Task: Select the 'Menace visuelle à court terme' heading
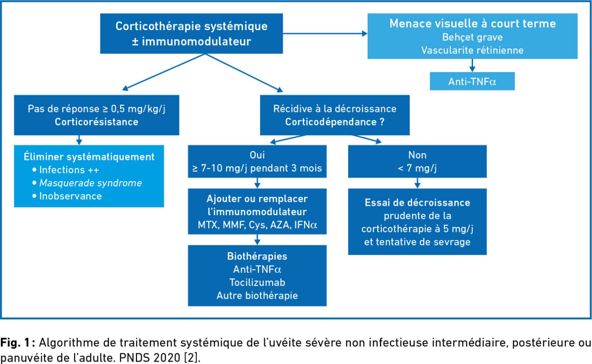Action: click(x=473, y=23)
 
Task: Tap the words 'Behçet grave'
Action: click(x=472, y=37)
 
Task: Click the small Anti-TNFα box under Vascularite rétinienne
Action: click(x=472, y=81)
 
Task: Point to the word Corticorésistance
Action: click(x=96, y=122)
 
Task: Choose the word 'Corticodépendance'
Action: click(x=331, y=122)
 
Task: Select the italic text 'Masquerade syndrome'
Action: click(x=91, y=183)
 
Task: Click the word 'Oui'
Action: click(x=257, y=155)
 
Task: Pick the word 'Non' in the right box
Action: click(x=417, y=155)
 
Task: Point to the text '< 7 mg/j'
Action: click(x=417, y=168)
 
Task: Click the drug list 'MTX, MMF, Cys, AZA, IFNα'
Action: click(x=257, y=225)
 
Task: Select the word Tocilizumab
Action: click(x=257, y=283)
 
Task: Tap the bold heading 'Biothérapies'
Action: click(x=257, y=256)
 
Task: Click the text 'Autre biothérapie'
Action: click(x=257, y=295)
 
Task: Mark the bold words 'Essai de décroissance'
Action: click(x=417, y=203)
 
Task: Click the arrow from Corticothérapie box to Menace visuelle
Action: click(x=325, y=33)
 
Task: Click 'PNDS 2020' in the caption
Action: click(x=150, y=358)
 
